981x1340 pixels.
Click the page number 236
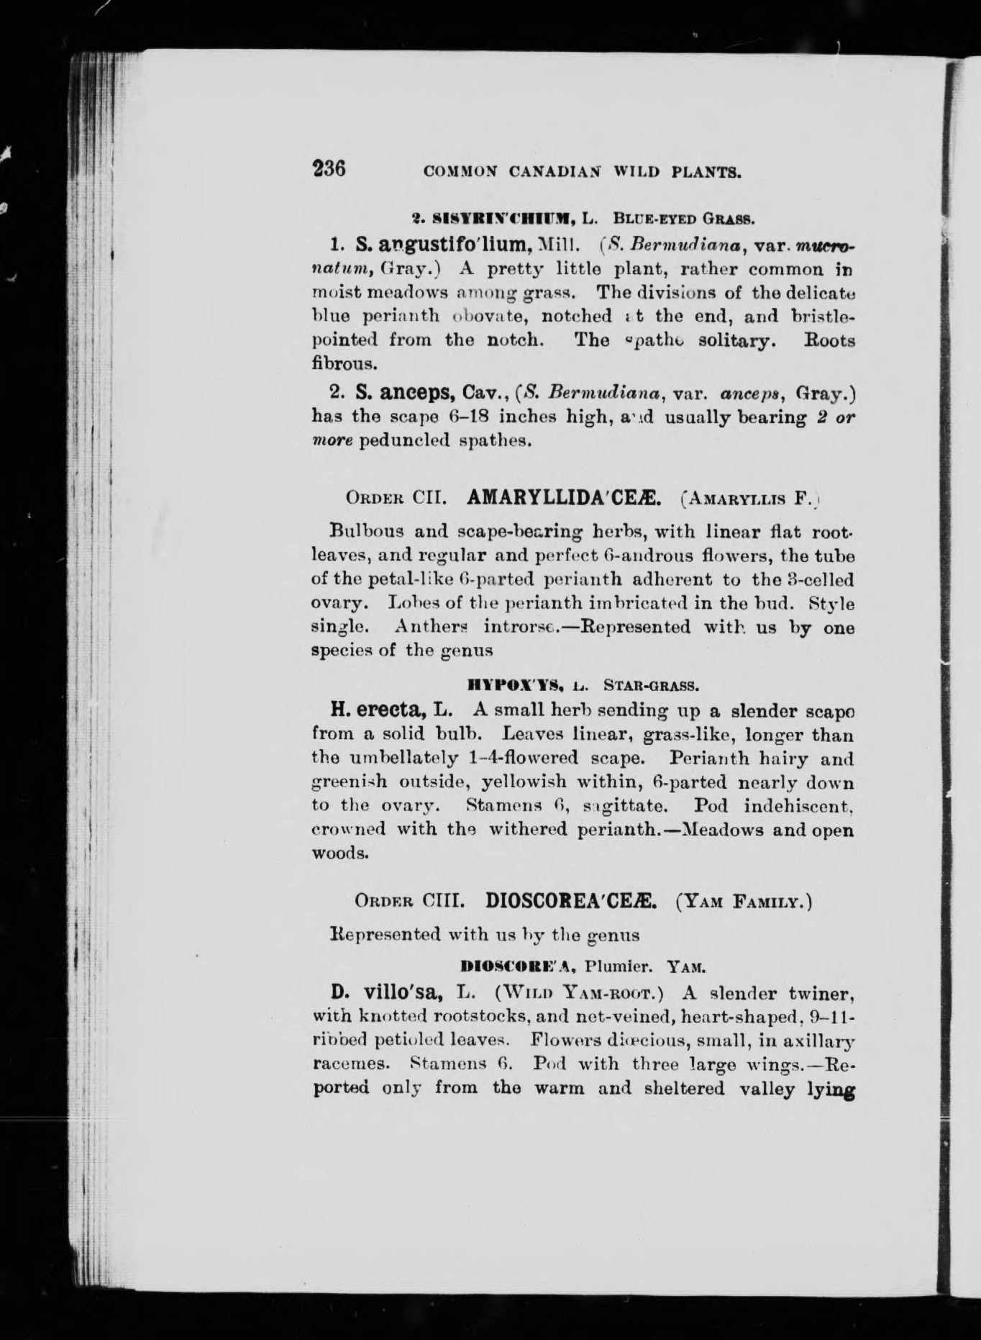click(329, 169)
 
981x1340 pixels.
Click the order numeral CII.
click(431, 498)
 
